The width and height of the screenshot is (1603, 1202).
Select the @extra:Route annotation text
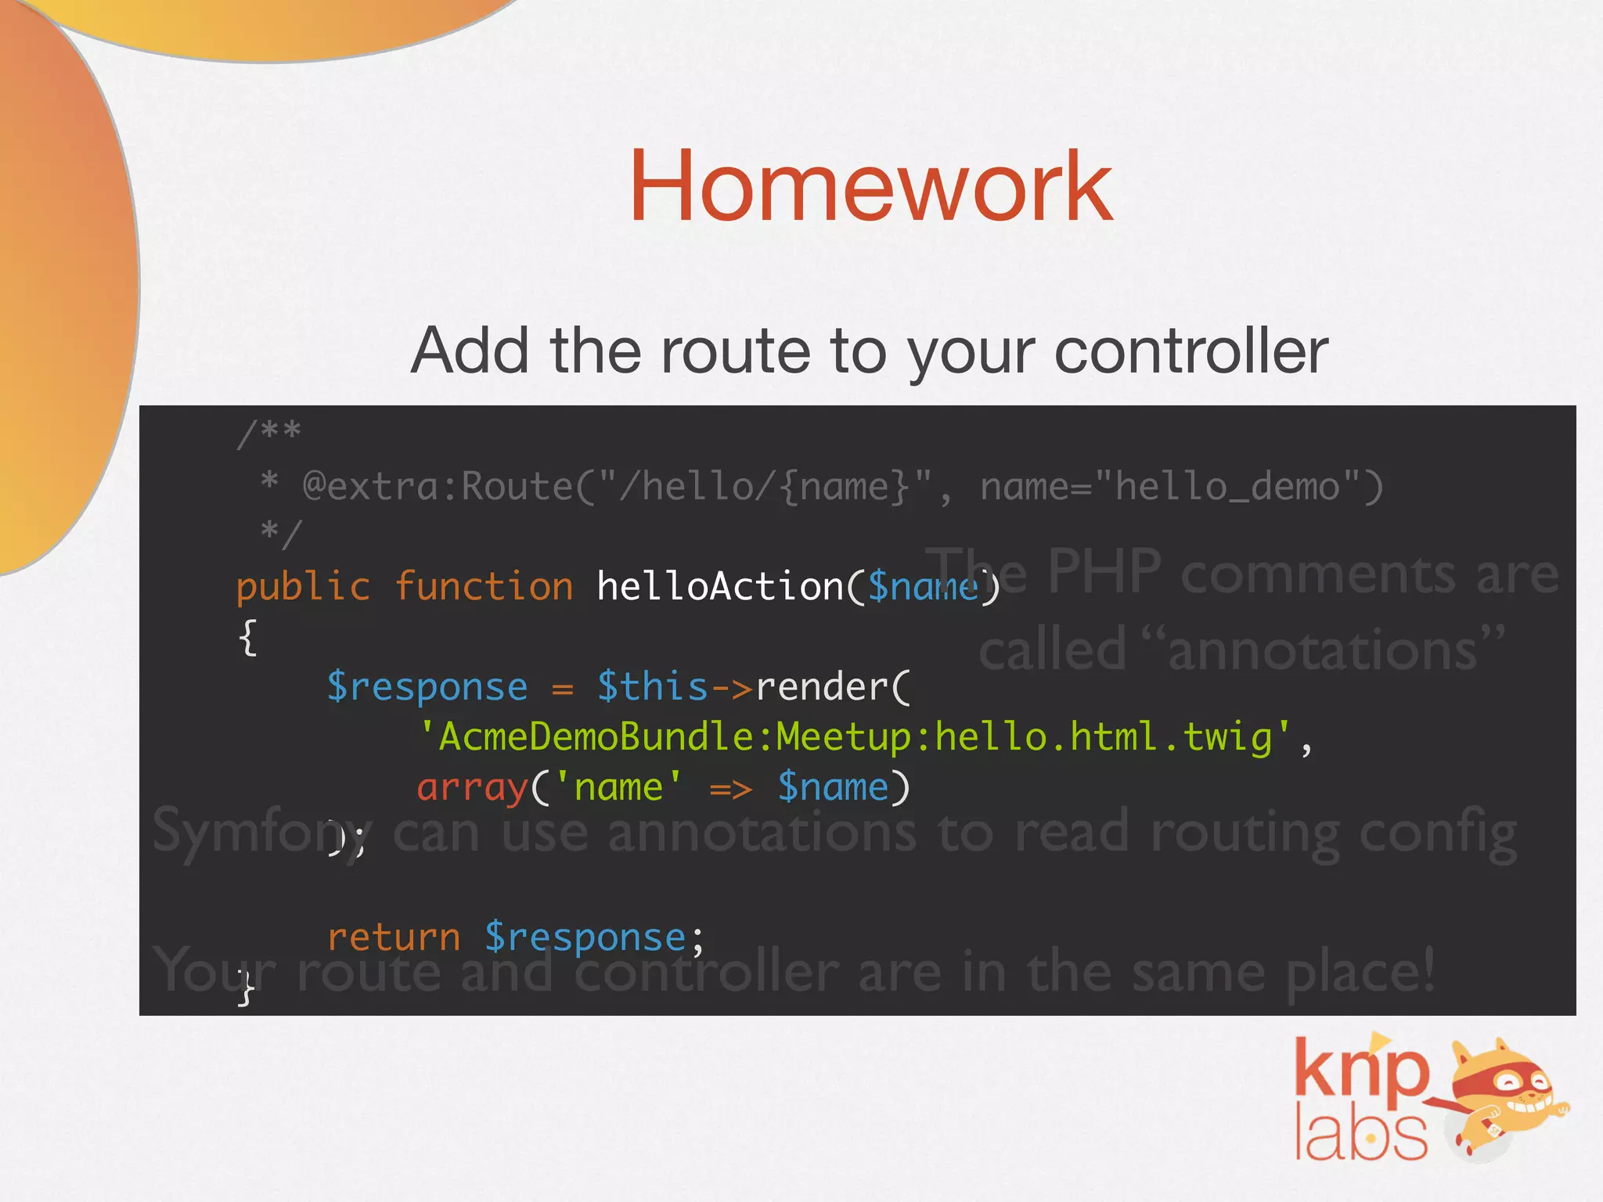coord(438,487)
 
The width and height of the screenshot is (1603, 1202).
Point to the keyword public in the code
coord(303,587)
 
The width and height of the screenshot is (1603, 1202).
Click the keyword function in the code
coord(484,587)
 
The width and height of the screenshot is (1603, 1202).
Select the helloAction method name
coord(720,587)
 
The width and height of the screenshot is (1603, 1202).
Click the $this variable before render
coord(652,687)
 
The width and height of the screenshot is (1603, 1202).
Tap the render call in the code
coord(822,687)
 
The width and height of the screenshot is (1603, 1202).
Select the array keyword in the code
coord(472,787)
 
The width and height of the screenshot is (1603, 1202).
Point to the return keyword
coord(394,937)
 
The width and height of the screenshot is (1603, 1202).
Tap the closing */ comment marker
coord(280,534)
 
